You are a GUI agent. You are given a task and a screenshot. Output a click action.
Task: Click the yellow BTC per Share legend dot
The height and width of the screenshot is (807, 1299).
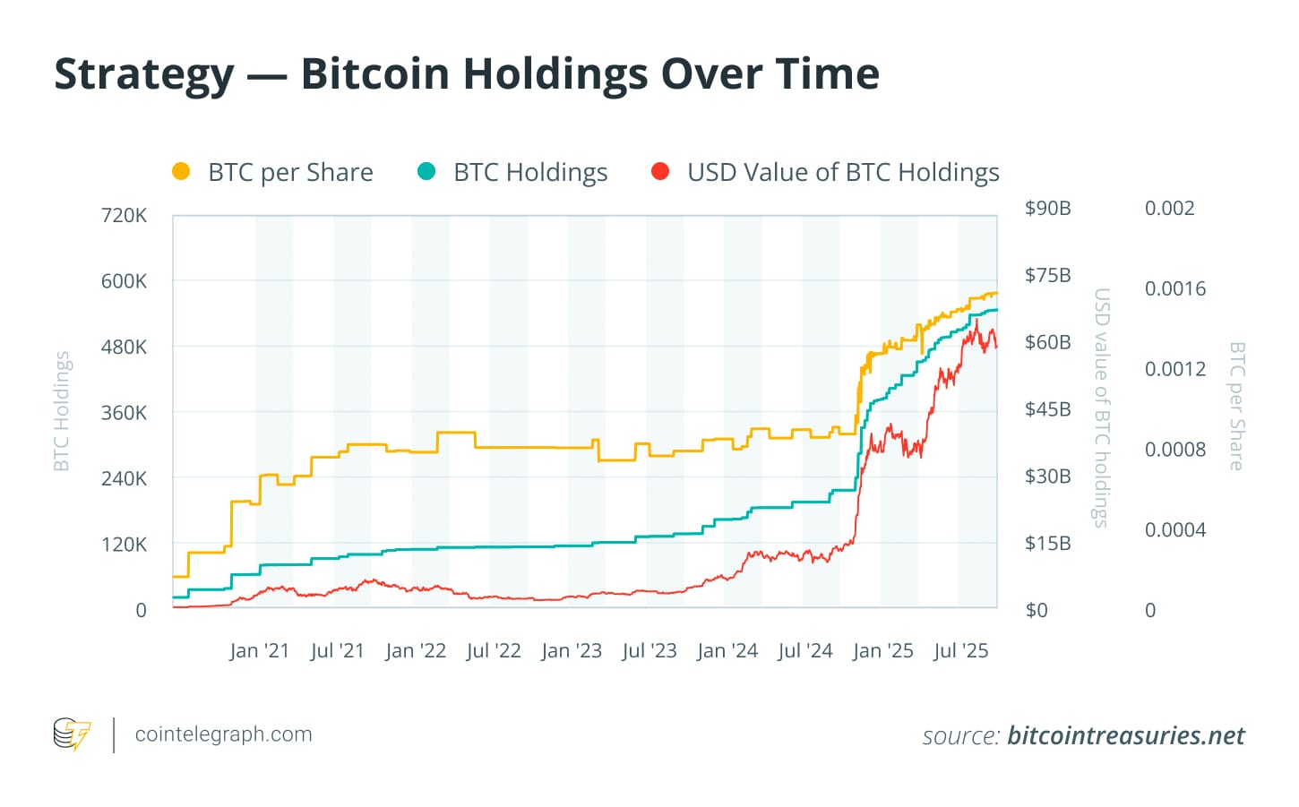(181, 171)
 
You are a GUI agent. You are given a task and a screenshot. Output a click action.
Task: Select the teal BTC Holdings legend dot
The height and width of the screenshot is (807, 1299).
(426, 171)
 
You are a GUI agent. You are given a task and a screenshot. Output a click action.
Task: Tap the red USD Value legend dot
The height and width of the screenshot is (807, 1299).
(660, 171)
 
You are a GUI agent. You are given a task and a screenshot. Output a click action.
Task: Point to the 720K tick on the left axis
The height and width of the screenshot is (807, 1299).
(125, 215)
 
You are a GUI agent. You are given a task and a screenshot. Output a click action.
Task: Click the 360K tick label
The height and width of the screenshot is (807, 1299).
(125, 413)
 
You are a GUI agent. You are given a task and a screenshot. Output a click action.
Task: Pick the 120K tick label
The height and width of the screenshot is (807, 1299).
(125, 545)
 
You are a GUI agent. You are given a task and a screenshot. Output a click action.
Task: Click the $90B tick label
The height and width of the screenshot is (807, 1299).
(1048, 209)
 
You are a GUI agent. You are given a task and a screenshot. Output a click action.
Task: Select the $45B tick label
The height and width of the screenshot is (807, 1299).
(1048, 409)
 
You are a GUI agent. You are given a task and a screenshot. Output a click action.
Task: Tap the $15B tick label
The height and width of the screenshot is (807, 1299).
(1048, 544)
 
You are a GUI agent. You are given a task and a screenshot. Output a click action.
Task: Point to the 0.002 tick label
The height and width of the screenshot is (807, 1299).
(1169, 209)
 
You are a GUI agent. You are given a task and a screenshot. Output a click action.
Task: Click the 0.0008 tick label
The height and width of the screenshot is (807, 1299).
(1175, 450)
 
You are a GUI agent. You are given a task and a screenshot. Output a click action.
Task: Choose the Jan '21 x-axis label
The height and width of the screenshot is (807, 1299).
(260, 651)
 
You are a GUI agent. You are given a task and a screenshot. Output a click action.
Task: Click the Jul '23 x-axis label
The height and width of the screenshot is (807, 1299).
(649, 651)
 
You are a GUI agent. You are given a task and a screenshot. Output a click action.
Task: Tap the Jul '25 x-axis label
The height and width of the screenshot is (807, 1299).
(961, 651)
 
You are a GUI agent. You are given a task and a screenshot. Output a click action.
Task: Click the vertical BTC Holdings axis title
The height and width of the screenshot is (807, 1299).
(61, 411)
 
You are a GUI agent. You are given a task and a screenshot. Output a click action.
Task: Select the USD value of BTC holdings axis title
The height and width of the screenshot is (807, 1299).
(1102, 408)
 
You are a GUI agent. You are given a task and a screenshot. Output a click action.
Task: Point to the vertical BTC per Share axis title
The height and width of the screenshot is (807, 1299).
(1236, 406)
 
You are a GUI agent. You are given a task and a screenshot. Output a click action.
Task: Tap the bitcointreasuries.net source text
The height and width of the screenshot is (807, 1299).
(1125, 736)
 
